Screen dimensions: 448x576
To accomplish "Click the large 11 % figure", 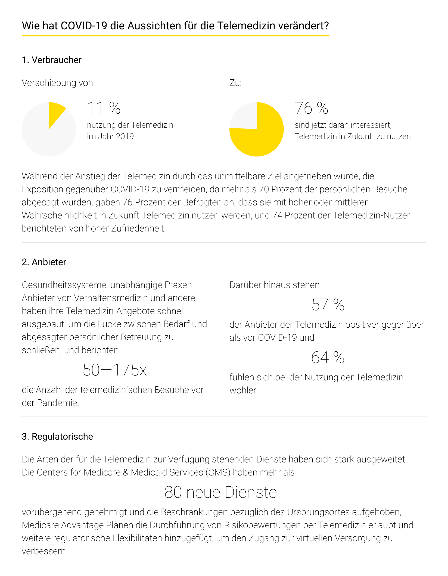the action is (104, 108).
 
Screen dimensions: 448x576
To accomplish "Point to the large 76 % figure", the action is (311, 108).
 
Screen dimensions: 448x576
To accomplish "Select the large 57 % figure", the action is (328, 305).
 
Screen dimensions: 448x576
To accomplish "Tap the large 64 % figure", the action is (328, 357).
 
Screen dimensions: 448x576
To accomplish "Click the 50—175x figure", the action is (114, 370).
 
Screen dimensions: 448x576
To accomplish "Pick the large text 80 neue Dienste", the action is (220, 492).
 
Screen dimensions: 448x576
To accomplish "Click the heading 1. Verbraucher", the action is (52, 60).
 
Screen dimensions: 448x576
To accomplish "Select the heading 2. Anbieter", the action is (44, 262).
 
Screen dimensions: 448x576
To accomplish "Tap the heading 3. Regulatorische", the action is (57, 437).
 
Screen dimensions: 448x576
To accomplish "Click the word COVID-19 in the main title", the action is (84, 26).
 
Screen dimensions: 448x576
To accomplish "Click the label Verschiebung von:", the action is (58, 83).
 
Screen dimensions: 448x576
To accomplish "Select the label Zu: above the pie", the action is (235, 83).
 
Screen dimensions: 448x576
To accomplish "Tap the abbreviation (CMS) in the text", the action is (218, 472).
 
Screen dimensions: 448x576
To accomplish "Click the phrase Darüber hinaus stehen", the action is (274, 285).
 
